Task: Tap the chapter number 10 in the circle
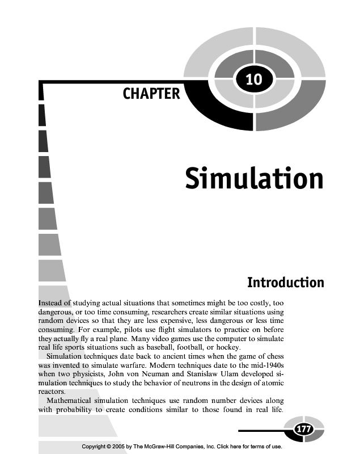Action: pyautogui.click(x=254, y=80)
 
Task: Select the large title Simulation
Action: pyautogui.click(x=254, y=178)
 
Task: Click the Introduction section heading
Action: pyautogui.click(x=286, y=282)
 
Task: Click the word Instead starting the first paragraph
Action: pyautogui.click(x=50, y=303)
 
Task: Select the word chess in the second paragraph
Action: pyautogui.click(x=272, y=356)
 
